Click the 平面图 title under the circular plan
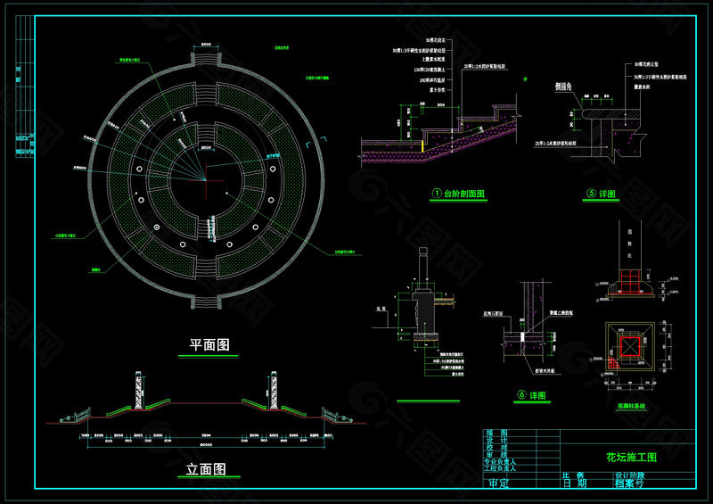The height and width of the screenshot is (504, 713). [x=210, y=343]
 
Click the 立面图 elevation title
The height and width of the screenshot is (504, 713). [x=205, y=469]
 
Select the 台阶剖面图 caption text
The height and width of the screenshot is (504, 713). [x=464, y=193]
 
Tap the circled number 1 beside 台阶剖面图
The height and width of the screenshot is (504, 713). [x=437, y=193]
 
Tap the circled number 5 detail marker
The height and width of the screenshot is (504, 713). [x=590, y=193]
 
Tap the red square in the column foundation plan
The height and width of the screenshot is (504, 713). [x=629, y=341]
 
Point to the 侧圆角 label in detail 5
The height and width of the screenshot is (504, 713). [x=562, y=87]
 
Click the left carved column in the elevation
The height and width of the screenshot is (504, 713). [x=138, y=391]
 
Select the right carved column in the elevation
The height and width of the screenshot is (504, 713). [x=274, y=391]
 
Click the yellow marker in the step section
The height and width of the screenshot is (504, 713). [x=422, y=144]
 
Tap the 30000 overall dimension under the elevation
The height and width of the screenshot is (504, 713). [x=205, y=444]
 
